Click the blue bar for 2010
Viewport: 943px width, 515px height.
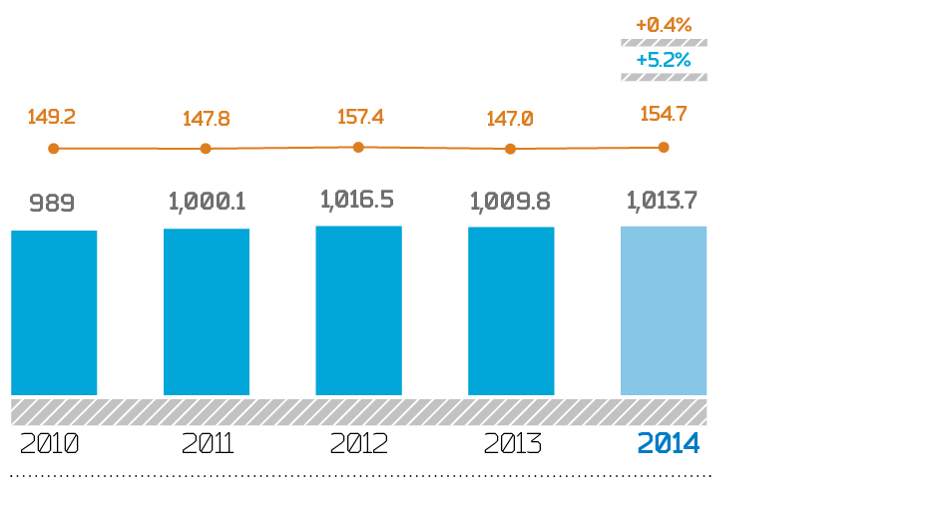[x=54, y=312]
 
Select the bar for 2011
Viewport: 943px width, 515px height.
[x=207, y=311]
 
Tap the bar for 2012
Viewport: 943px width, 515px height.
[x=358, y=310]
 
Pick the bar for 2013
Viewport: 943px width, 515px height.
[x=511, y=310]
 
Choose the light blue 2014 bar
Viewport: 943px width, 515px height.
[x=664, y=310]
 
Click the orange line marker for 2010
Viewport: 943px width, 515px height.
[x=54, y=149]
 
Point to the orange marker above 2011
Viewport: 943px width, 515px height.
[x=206, y=149]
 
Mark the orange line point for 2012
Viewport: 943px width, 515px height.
[x=358, y=147]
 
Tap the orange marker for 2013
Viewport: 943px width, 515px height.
[x=510, y=149]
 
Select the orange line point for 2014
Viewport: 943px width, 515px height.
[x=664, y=147]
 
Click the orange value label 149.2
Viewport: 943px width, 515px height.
[x=52, y=117]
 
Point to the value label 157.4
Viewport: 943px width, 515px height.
[x=360, y=117]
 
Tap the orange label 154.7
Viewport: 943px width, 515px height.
[x=664, y=114]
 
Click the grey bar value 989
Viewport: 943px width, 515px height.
[x=52, y=204]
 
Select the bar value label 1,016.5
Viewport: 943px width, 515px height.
[x=357, y=200]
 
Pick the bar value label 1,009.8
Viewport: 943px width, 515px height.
[x=510, y=202]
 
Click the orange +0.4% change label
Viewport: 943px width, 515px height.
[x=664, y=25]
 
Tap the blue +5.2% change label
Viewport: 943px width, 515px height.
[x=664, y=60]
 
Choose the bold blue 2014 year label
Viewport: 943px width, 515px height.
[x=669, y=444]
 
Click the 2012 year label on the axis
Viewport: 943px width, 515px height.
[x=358, y=444]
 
